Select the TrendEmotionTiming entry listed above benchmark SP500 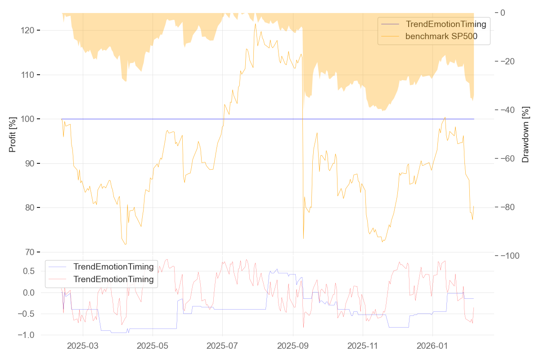(x=446, y=24)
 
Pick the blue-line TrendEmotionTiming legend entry (x=113, y=267)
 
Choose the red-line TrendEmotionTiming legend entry (x=113, y=279)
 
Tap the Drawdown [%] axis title (x=526, y=135)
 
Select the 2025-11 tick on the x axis (x=363, y=346)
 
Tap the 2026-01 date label (x=432, y=346)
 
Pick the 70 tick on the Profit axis (x=29, y=252)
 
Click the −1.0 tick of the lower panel (x=26, y=335)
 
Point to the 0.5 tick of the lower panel (x=28, y=271)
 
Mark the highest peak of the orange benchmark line (x=255, y=23)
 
